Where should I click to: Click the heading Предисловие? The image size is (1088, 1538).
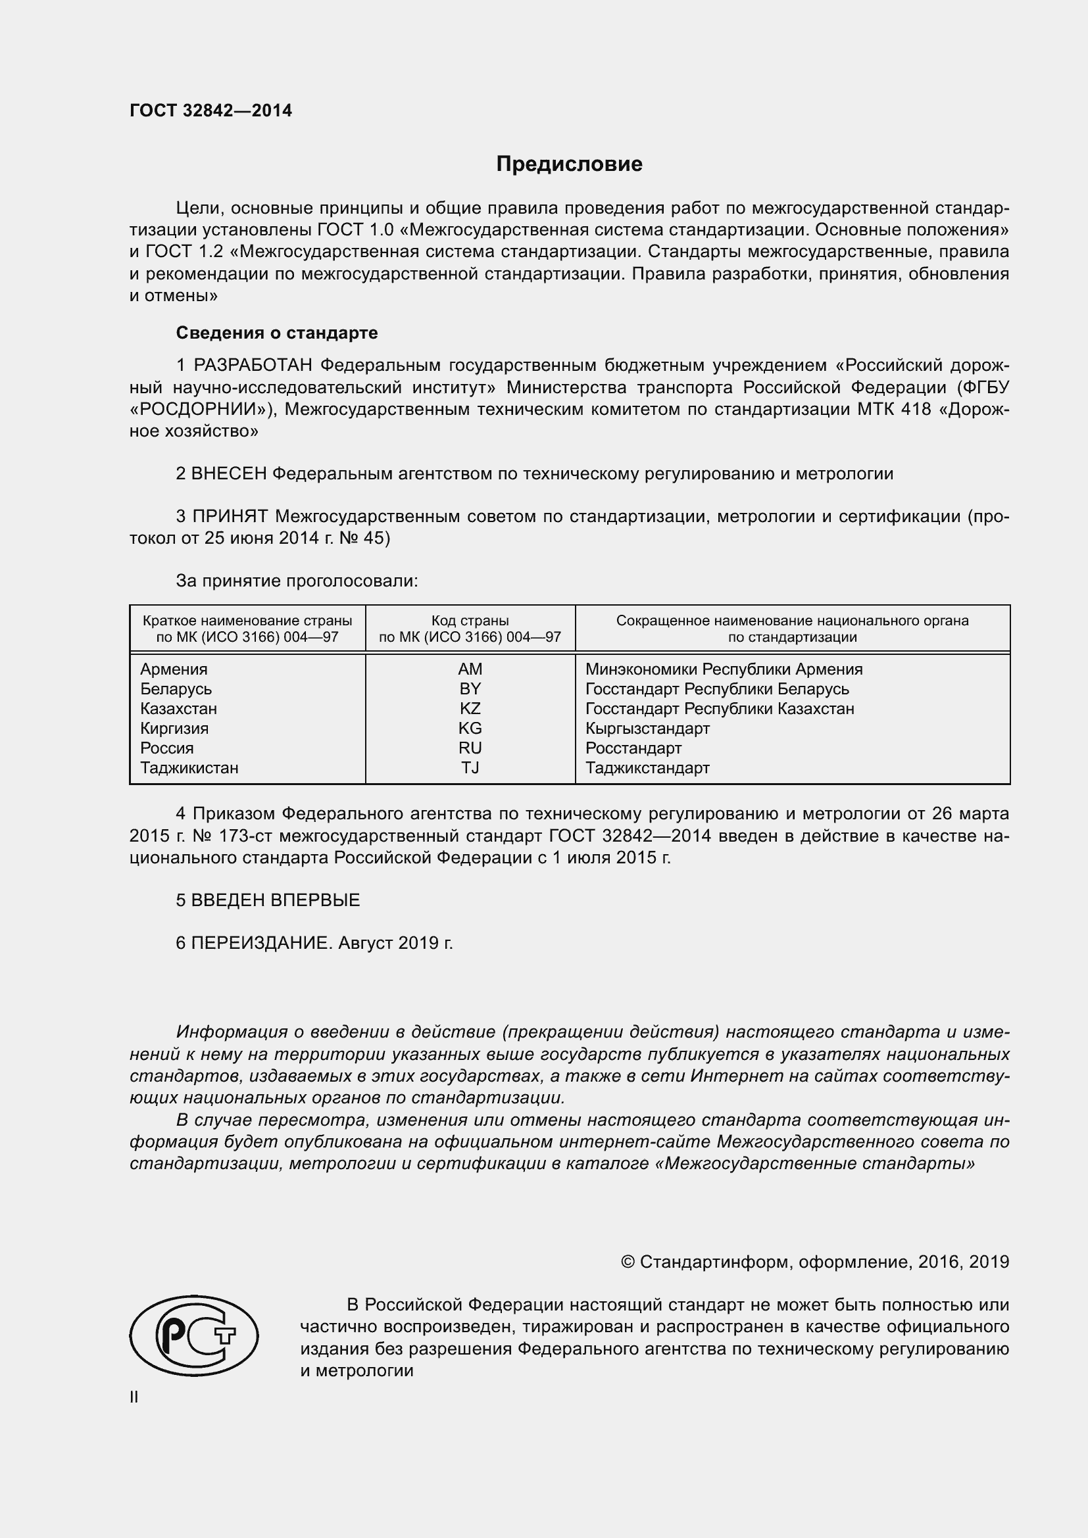coord(569,164)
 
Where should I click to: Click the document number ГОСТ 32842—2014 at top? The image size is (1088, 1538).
coord(210,111)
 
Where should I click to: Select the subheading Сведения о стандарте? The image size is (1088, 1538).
coord(277,333)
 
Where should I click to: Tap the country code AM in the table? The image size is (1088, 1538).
coord(470,669)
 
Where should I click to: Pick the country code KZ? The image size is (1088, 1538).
coord(470,709)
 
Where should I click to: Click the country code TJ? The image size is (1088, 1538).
coord(470,767)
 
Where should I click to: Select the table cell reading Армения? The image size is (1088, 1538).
coord(174,669)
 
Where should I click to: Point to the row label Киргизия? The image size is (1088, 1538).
coord(174,728)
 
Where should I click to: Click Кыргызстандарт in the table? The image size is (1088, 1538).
coord(647,728)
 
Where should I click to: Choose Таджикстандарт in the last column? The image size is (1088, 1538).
coord(647,767)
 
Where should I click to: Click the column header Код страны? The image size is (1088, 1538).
coord(470,620)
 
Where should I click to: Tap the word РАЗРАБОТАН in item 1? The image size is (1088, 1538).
coord(253,365)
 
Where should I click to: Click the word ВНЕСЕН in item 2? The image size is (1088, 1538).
coord(228,473)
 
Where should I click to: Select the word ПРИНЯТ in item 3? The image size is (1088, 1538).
coord(230,516)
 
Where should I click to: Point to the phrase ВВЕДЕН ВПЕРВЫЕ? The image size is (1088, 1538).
coord(276,900)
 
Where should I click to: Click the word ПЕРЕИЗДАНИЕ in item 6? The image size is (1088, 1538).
coord(261,943)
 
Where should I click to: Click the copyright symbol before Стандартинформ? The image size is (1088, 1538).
coord(628,1262)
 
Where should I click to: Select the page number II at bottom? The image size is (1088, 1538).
coord(134,1397)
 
